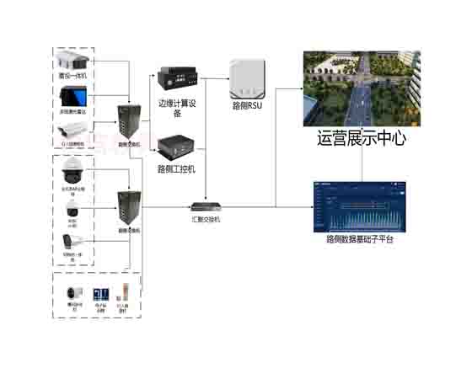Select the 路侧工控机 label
[x=177, y=168]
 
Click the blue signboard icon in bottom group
[x=99, y=294]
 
